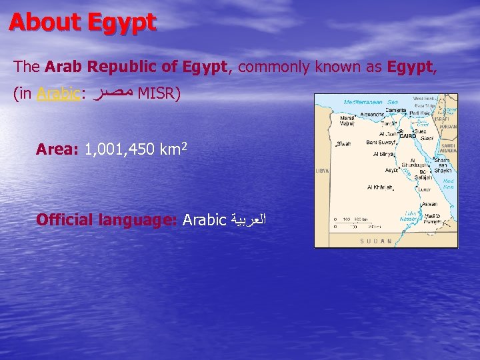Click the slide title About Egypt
(x=83, y=23)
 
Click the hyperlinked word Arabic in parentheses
(x=59, y=94)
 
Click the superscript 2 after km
(x=183, y=144)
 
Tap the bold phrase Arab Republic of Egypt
(x=137, y=67)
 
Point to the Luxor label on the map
(x=425, y=189)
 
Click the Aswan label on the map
(x=430, y=204)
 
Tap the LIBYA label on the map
(x=322, y=171)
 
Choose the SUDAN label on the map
(x=377, y=241)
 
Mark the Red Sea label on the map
(x=448, y=184)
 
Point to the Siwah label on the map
(x=343, y=143)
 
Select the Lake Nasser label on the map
(x=411, y=217)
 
